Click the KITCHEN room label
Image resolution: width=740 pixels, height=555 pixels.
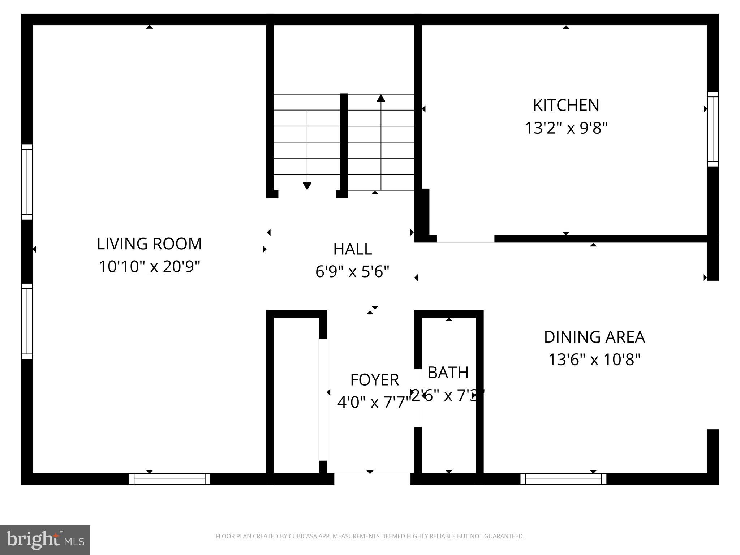[x=566, y=106]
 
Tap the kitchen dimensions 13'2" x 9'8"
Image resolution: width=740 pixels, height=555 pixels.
[x=566, y=128]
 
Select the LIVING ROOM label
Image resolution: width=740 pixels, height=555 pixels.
[x=149, y=244]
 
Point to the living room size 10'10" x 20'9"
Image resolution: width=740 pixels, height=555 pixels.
[x=149, y=267]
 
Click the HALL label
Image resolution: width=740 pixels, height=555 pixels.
[x=352, y=249]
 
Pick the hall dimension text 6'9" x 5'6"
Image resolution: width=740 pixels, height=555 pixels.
[x=352, y=271]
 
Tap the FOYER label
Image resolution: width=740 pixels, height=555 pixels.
[x=374, y=380]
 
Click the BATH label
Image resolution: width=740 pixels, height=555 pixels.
[x=448, y=373]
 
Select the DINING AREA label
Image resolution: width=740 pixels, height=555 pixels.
[x=594, y=337]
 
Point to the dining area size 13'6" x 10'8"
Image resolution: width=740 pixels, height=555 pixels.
[x=594, y=360]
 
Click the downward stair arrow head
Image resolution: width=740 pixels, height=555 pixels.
[x=307, y=186]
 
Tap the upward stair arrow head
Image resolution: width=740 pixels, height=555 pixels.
[x=381, y=98]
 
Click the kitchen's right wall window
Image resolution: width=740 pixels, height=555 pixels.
[x=713, y=129]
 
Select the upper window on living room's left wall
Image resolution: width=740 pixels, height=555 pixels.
[x=27, y=182]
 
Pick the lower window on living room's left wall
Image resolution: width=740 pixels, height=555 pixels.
[x=27, y=321]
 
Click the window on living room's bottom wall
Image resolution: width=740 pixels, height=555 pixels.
[x=169, y=479]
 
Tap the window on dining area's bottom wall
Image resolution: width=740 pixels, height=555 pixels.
[x=563, y=479]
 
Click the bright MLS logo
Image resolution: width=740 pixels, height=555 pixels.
[x=45, y=540]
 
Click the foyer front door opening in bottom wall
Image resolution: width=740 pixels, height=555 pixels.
[x=372, y=479]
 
